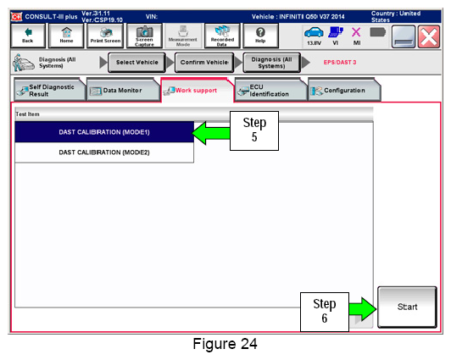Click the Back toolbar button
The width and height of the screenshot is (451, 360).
pyautogui.click(x=28, y=36)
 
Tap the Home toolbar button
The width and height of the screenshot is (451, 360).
pyautogui.click(x=66, y=36)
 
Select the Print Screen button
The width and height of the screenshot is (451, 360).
pyautogui.click(x=105, y=36)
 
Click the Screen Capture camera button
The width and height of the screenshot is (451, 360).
pyautogui.click(x=144, y=36)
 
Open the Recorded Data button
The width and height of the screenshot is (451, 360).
pyautogui.click(x=222, y=36)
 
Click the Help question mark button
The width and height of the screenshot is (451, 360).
pyautogui.click(x=260, y=36)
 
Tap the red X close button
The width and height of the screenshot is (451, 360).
pyautogui.click(x=429, y=36)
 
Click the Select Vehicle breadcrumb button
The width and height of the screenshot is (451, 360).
pyautogui.click(x=137, y=63)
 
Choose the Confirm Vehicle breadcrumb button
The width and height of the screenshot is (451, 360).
pyautogui.click(x=204, y=63)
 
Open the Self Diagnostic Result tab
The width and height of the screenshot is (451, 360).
pyautogui.click(x=49, y=91)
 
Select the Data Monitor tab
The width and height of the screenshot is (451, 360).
pyautogui.click(x=123, y=91)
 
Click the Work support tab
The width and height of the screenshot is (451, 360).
pyautogui.click(x=198, y=91)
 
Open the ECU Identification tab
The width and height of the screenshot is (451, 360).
pyautogui.click(x=271, y=91)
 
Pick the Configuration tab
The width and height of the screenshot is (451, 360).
pyautogui.click(x=344, y=91)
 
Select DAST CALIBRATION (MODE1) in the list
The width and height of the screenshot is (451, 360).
pyautogui.click(x=104, y=132)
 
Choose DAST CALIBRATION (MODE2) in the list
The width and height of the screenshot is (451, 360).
pyautogui.click(x=104, y=152)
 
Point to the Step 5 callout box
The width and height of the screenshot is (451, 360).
pyautogui.click(x=254, y=130)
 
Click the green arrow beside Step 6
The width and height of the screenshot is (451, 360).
pyautogui.click(x=363, y=309)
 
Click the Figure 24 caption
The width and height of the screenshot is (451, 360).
pyautogui.click(x=225, y=344)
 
